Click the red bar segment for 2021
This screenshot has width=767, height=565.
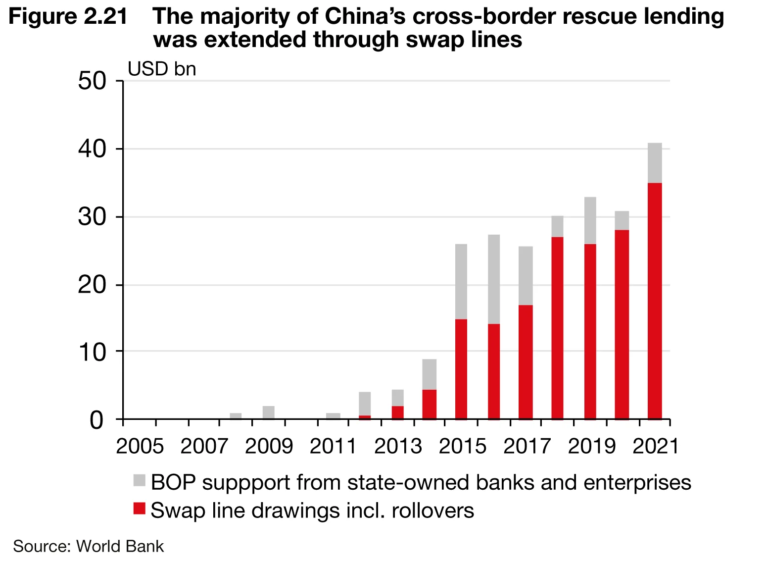[x=654, y=301]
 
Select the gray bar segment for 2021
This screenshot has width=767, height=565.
[x=654, y=163]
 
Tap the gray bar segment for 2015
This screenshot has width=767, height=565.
[x=461, y=282]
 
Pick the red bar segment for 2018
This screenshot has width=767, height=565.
[x=557, y=328]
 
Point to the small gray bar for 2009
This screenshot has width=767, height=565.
[x=268, y=412]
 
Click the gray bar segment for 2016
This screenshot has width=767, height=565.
[x=493, y=279]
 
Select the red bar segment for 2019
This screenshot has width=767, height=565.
[x=590, y=331]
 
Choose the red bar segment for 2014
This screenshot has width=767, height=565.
[x=429, y=404]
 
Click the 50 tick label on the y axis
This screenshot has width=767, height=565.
[x=92, y=81]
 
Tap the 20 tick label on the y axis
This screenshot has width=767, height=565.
[x=92, y=286]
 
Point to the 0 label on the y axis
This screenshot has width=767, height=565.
[x=97, y=420]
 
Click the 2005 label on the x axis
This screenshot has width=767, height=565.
[x=140, y=447]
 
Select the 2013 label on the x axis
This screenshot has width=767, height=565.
[x=398, y=447]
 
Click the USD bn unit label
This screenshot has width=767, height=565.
[x=162, y=69]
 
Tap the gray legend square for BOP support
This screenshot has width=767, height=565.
[x=139, y=480]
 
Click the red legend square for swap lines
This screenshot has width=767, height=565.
[x=139, y=509]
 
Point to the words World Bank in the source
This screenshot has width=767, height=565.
[x=120, y=546]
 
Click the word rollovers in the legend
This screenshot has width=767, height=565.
[x=432, y=511]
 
